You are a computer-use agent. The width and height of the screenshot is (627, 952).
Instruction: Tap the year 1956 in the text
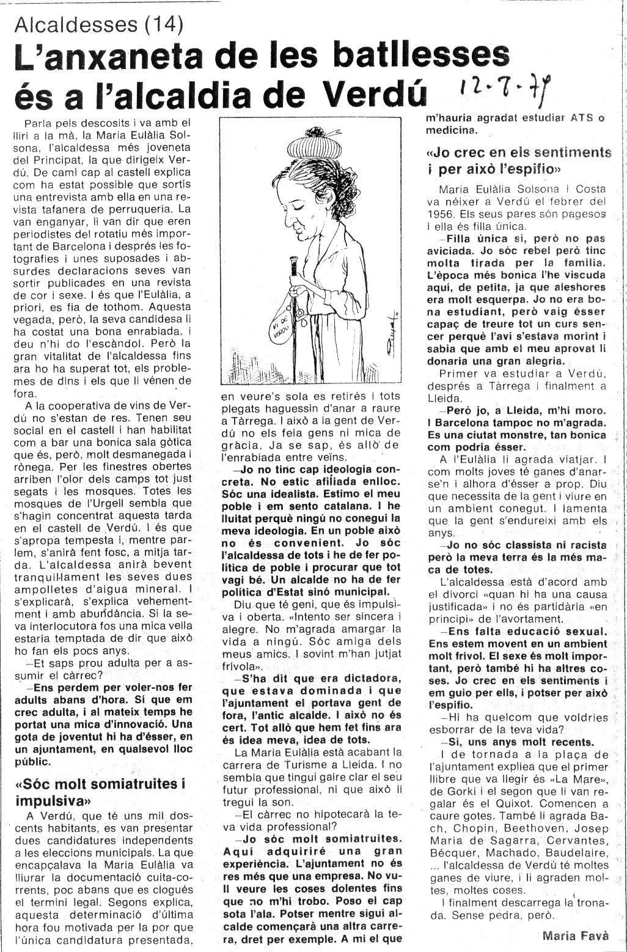(x=442, y=215)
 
